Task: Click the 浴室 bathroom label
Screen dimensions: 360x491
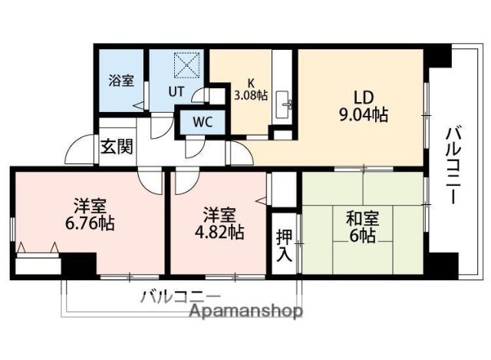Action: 120,79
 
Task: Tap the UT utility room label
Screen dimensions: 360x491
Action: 176,91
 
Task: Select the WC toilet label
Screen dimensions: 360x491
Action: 202,121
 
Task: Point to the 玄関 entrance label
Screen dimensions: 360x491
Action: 117,146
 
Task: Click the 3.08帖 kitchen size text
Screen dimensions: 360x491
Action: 250,96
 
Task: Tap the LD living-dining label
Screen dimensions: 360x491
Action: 361,98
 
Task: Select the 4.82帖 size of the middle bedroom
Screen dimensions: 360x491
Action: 219,231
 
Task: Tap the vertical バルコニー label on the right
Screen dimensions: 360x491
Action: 453,166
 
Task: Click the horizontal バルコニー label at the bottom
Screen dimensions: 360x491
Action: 180,296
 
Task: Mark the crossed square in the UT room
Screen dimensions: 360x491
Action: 186,64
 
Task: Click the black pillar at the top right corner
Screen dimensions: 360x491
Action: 438,56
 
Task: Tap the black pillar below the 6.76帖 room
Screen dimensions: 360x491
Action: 78,266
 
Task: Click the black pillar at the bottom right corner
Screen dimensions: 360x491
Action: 440,266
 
